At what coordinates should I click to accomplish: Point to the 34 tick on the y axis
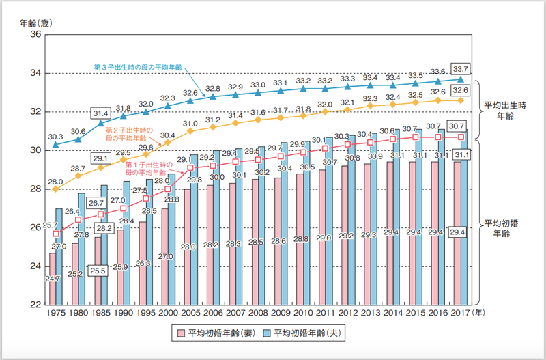(x=33, y=73)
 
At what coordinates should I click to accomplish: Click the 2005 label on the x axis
(x=190, y=313)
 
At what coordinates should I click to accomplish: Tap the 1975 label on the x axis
(x=56, y=313)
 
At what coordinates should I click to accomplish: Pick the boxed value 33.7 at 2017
(x=461, y=67)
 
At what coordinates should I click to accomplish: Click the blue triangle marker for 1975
(x=56, y=145)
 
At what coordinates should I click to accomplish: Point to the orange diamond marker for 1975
(x=56, y=189)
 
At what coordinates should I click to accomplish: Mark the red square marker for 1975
(x=56, y=234)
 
